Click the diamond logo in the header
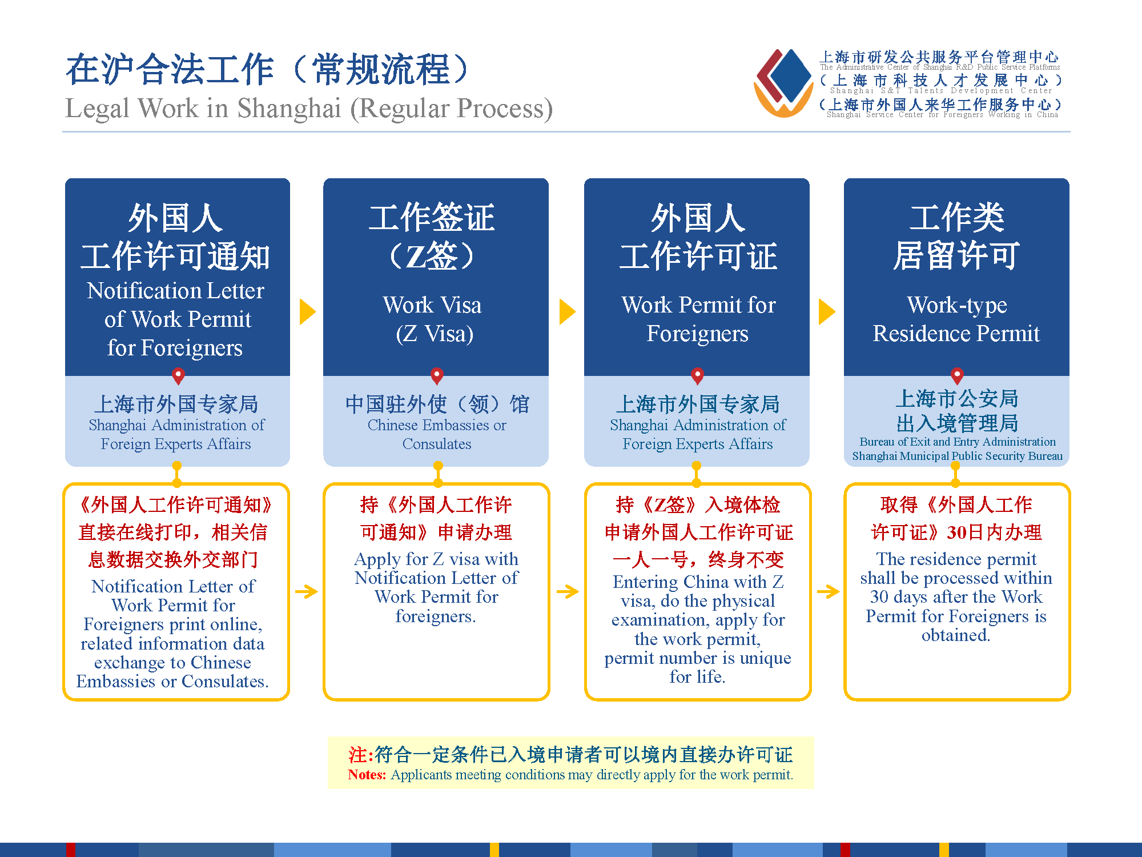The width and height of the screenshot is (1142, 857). [x=784, y=82]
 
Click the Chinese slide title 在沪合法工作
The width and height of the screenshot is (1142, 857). [x=170, y=70]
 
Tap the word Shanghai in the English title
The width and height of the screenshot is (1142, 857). [x=289, y=108]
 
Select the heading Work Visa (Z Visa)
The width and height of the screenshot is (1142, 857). [x=433, y=319]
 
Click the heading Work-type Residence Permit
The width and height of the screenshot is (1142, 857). [x=956, y=319]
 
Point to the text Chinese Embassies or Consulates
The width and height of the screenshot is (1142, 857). [x=437, y=434]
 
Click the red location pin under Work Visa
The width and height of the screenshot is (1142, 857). [x=437, y=376]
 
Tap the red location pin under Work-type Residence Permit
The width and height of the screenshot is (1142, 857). [x=958, y=376]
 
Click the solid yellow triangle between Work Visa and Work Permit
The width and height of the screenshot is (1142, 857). [x=567, y=312]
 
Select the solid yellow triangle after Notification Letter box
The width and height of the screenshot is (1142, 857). [x=307, y=312]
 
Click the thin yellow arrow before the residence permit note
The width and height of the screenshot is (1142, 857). [x=828, y=591]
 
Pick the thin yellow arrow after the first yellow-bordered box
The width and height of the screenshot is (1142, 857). [x=307, y=591]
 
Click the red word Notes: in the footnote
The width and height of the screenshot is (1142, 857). [x=367, y=775]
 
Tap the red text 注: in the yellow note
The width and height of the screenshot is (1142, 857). [x=361, y=755]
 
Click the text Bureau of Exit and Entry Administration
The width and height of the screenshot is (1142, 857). [x=958, y=442]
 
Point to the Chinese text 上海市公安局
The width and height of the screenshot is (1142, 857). [x=957, y=398]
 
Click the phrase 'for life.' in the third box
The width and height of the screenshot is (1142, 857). [x=697, y=677]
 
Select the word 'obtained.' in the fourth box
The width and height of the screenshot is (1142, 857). [x=956, y=635]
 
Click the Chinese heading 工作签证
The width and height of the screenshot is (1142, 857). [x=432, y=218]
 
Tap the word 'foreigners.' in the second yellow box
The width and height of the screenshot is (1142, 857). [x=436, y=616]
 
